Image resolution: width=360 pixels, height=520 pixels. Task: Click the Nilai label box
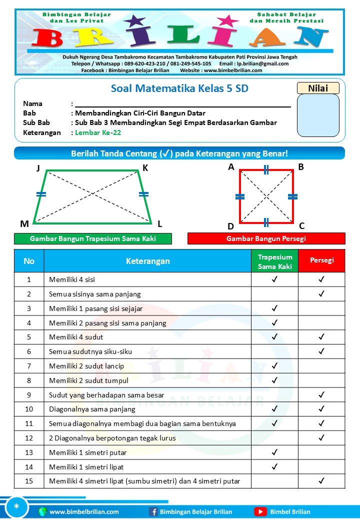318,88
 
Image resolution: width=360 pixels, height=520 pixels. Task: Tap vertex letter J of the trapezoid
38,168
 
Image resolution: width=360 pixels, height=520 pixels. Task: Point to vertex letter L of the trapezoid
159,223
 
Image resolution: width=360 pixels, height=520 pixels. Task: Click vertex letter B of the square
301,167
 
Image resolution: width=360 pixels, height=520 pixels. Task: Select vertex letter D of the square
230,226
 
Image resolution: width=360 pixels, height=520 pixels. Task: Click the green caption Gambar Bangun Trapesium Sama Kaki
93,238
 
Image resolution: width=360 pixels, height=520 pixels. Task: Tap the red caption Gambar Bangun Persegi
266,238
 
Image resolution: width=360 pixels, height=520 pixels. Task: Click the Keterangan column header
147,261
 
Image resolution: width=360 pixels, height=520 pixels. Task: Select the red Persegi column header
321,260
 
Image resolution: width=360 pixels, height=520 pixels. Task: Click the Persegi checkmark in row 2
321,294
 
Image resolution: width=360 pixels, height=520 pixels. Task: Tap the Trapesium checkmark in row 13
274,452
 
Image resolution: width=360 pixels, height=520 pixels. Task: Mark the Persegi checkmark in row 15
321,481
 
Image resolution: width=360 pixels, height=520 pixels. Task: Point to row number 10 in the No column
29,409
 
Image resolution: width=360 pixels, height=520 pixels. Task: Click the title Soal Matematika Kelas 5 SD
179,89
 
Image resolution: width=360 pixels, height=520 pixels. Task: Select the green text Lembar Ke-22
98,132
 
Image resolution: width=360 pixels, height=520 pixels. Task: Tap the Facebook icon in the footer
153,511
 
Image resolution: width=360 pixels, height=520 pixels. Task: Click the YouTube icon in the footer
260,511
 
